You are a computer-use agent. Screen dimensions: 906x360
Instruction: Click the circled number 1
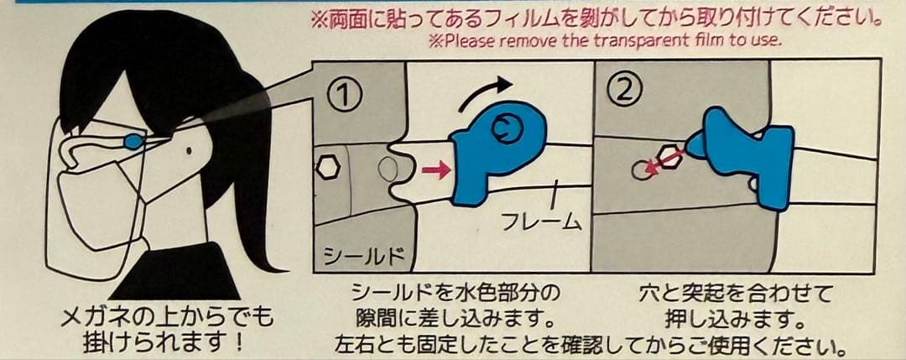[345, 95]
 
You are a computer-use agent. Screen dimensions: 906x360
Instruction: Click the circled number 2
[622, 90]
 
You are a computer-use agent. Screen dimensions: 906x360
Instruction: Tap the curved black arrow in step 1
[484, 93]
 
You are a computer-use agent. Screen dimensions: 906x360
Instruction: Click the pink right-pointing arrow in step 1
[436, 170]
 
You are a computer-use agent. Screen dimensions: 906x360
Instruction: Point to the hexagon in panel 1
[328, 168]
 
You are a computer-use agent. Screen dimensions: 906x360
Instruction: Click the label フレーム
[541, 221]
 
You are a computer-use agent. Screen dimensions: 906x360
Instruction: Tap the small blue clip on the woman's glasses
[133, 140]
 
